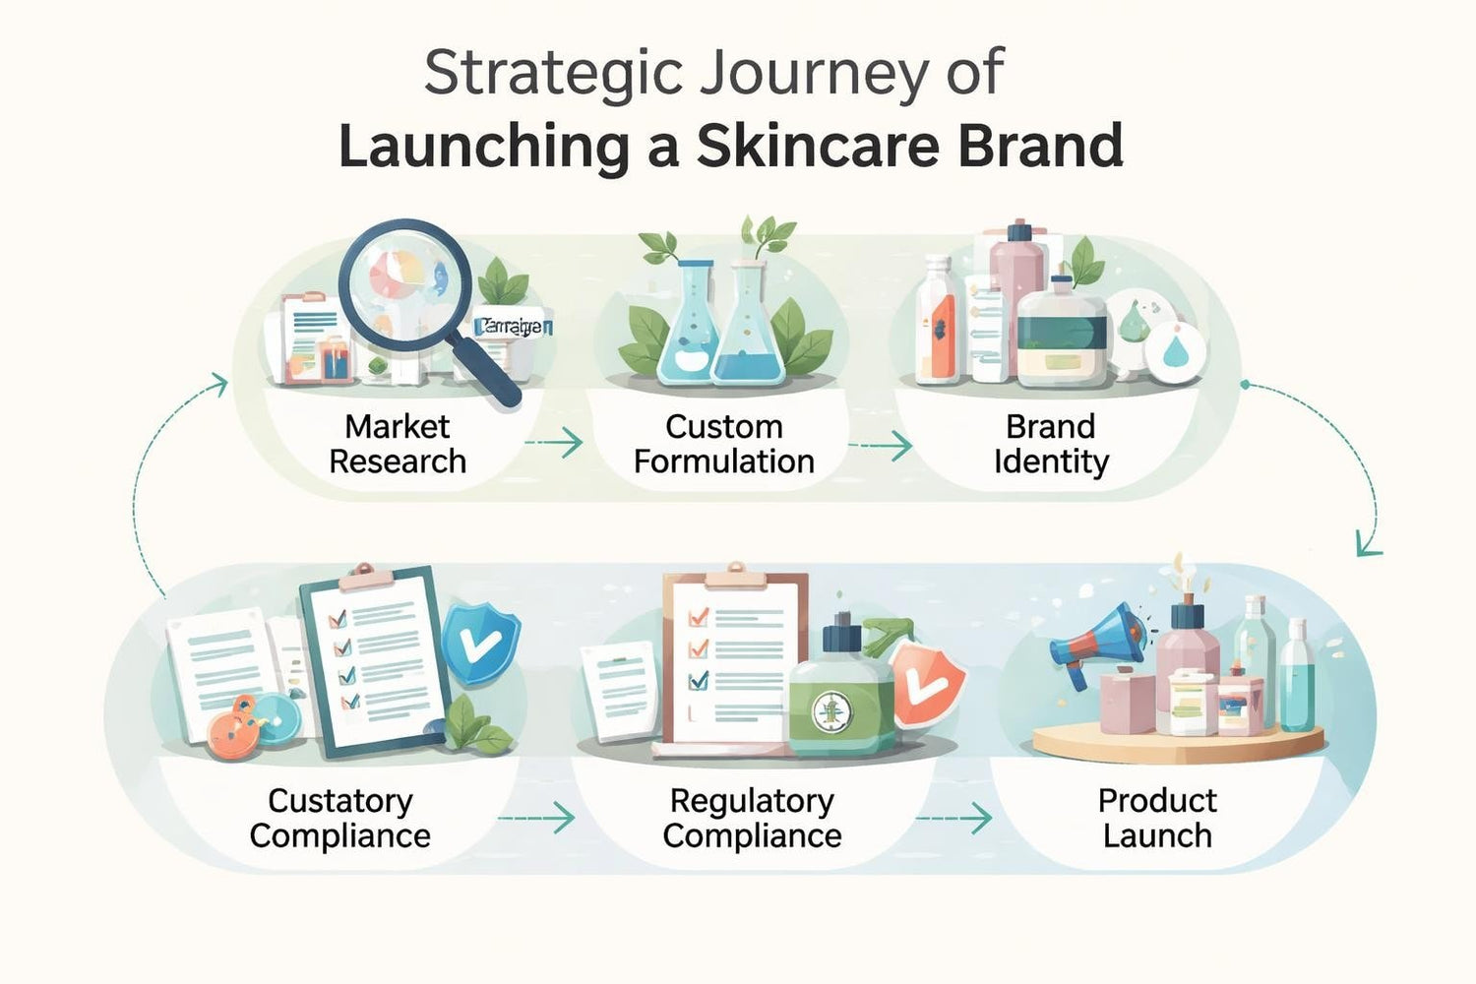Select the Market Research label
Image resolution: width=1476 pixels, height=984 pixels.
[398, 444]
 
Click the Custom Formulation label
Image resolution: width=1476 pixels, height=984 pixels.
[724, 444]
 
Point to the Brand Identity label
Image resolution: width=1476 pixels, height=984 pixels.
[1051, 444]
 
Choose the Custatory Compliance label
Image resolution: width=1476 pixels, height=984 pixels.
[340, 818]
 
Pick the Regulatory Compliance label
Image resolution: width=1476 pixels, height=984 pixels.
[752, 818]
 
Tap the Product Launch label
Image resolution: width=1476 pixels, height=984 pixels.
[1157, 818]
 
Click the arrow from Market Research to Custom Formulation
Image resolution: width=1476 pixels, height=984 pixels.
[557, 443]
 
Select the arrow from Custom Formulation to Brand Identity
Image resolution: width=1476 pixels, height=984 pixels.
[882, 446]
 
